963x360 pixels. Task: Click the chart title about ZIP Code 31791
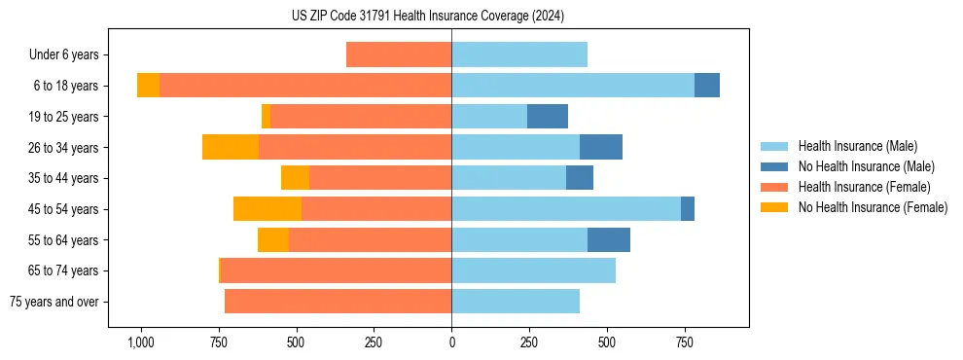click(428, 16)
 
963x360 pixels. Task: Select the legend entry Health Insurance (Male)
click(857, 146)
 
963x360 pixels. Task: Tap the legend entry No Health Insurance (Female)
click(873, 207)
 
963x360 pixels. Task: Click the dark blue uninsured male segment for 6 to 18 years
click(707, 86)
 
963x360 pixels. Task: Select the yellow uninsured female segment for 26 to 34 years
click(230, 147)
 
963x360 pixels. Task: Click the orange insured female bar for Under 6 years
click(399, 54)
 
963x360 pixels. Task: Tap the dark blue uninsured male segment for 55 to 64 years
click(609, 239)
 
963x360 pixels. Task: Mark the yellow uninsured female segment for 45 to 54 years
click(267, 209)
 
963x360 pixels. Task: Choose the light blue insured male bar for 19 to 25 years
click(489, 117)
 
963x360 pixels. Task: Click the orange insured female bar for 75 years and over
click(338, 302)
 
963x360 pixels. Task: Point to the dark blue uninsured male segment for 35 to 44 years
click(580, 178)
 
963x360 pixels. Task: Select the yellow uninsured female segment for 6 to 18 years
click(148, 86)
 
